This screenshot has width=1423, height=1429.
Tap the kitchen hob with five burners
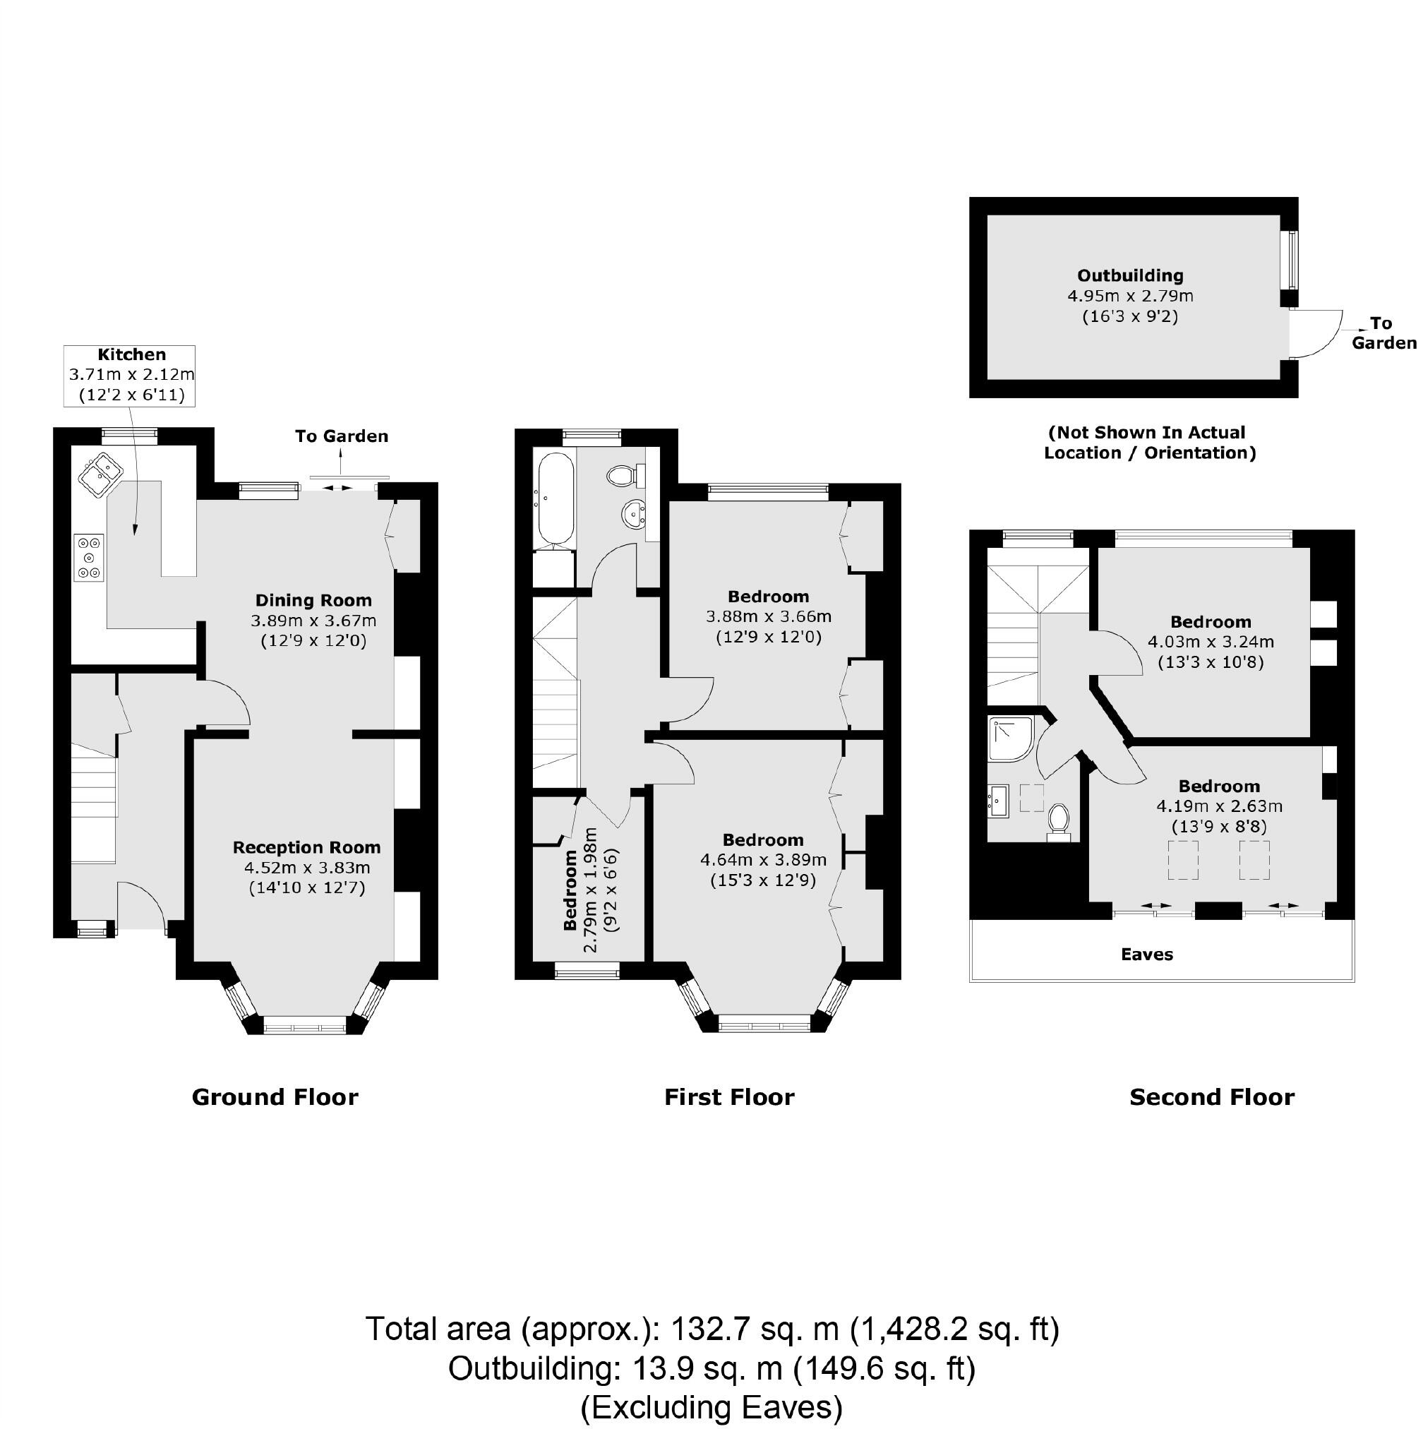click(90, 557)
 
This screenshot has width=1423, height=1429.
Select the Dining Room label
click(313, 600)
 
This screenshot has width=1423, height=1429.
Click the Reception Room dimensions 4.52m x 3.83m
click(307, 868)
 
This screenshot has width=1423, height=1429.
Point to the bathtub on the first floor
click(555, 498)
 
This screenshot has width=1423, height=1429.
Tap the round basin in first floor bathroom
click(633, 513)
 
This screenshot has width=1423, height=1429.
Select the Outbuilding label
click(1129, 276)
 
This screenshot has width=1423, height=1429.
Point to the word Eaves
click(1146, 954)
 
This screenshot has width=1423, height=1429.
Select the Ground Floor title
click(275, 1097)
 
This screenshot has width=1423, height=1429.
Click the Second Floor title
click(1211, 1097)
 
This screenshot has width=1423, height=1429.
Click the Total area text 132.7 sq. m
click(711, 1329)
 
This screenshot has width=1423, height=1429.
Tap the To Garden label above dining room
click(341, 436)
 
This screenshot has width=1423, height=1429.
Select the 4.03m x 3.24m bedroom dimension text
click(1210, 642)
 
